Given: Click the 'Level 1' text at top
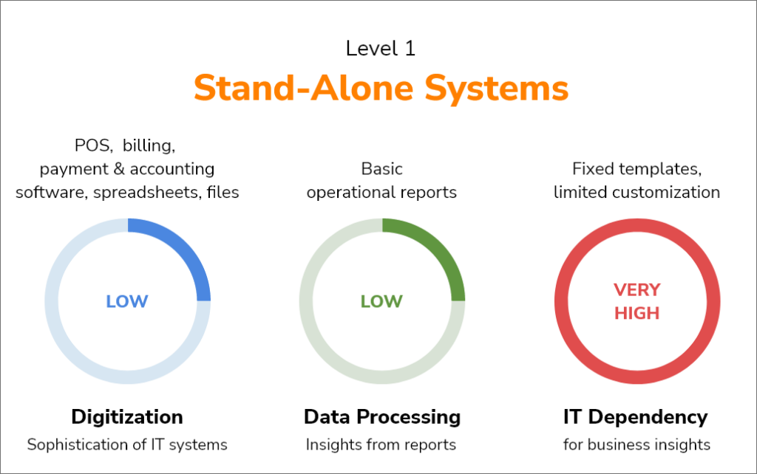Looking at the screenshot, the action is pos(381,48).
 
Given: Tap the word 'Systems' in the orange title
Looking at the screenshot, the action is pos(497,89).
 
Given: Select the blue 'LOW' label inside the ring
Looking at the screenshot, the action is pos(127,301).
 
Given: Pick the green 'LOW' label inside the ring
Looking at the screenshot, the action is pos(381,301).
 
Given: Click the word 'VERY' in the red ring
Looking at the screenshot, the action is pos(637,290).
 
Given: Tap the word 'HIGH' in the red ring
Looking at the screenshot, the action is pos(637,314).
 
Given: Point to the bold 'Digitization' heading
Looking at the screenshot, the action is pos(127,417).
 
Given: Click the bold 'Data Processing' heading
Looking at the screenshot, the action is pos(382,417).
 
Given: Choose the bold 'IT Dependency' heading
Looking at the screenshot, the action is pos(635,417).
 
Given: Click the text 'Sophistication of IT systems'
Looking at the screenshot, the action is pos(127,444).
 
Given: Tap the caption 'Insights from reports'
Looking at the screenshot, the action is pos(381,444).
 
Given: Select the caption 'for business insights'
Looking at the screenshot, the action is pos(637,444).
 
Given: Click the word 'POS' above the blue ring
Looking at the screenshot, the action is pos(92,145).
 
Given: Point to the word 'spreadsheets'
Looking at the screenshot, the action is pos(147,193).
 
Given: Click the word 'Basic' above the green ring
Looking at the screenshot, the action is pos(381,169).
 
